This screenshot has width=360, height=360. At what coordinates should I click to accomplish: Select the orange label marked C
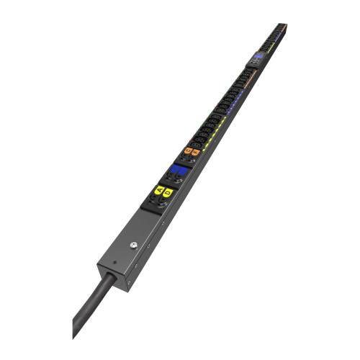188,150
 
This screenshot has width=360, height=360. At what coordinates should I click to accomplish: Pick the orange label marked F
195,153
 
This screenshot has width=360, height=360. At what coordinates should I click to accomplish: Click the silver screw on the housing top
133,246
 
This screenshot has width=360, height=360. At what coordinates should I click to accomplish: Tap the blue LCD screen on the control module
258,56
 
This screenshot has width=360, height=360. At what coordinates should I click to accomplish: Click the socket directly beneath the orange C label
184,158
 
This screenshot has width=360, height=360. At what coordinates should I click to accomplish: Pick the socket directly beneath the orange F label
192,161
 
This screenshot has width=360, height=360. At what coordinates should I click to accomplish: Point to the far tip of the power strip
284,25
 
